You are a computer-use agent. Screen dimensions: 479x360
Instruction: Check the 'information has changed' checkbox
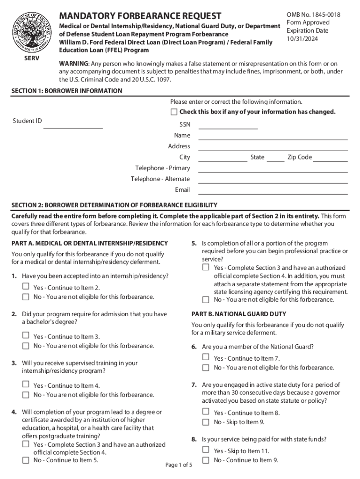(174, 112)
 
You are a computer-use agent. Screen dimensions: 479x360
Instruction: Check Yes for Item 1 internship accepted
(26, 287)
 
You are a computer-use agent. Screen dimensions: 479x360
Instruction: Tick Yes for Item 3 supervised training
(26, 385)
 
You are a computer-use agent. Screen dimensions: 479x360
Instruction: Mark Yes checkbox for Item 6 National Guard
(206, 357)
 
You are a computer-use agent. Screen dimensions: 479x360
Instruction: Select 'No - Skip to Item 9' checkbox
(206, 422)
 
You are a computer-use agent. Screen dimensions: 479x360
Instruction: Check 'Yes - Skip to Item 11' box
(206, 450)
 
